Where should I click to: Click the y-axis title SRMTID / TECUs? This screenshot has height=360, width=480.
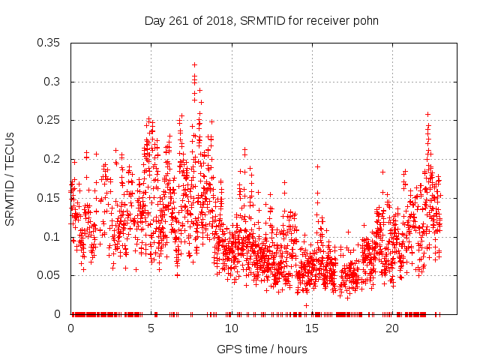point(10,178)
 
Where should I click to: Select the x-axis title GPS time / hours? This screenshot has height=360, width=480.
point(262,349)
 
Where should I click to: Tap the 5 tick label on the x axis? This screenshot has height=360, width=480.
point(151,329)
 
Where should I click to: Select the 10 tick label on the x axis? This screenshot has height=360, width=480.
point(232,329)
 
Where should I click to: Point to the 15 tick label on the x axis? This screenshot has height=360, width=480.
point(312,329)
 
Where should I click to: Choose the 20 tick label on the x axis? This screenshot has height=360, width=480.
point(392,329)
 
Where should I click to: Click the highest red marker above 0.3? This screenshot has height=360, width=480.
point(194,65)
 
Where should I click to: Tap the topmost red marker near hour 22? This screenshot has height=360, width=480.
point(427,114)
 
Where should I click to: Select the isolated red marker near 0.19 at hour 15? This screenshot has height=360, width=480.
point(317,166)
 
